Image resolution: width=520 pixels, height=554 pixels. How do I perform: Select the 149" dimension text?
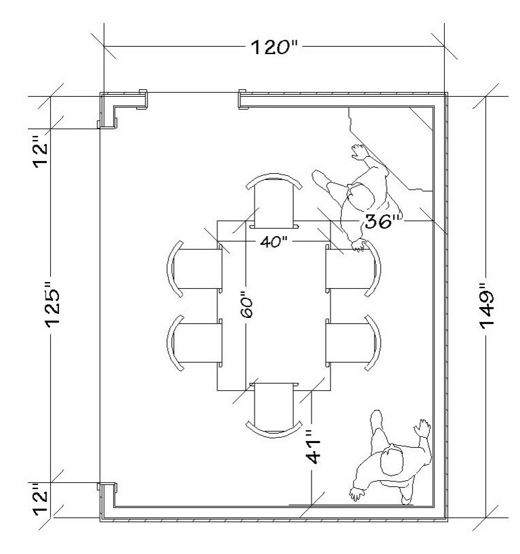(489, 304)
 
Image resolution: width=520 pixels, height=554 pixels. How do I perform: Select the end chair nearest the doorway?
(274, 202)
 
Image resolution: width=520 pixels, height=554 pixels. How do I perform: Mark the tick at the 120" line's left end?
(104, 48)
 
